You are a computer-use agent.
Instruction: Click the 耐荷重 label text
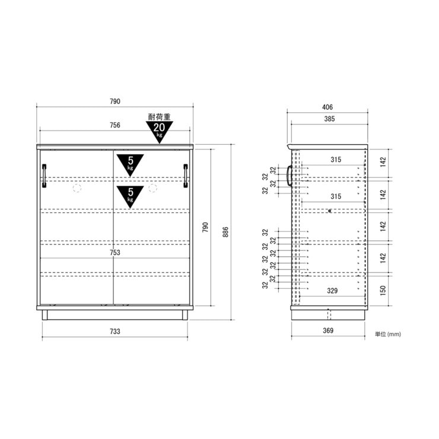point(160,117)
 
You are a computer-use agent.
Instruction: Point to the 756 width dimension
point(114,125)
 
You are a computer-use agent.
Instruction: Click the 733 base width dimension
point(114,332)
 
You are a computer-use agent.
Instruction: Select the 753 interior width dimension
point(114,253)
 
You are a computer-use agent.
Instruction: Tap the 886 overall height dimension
point(225,232)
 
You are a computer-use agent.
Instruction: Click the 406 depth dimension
point(327,107)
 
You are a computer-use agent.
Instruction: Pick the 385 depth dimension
point(329,119)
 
